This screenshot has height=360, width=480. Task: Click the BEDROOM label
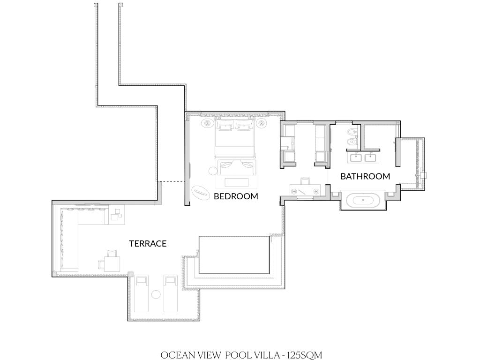(236, 196)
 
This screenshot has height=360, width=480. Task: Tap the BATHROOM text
(365, 176)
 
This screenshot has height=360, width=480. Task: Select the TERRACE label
(148, 244)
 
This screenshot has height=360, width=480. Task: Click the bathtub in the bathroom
(363, 201)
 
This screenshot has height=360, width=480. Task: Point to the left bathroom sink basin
(354, 158)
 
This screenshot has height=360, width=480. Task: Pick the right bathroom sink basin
(370, 158)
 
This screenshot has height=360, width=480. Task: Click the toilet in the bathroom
(351, 142)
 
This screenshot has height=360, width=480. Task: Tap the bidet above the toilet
(351, 132)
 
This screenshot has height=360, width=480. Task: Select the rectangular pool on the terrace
(234, 255)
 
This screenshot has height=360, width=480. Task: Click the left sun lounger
(142, 293)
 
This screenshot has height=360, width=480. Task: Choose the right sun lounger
(171, 293)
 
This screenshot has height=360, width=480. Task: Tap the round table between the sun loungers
(156, 294)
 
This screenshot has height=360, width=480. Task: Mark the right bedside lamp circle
(262, 123)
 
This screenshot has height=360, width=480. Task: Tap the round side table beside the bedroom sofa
(213, 171)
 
